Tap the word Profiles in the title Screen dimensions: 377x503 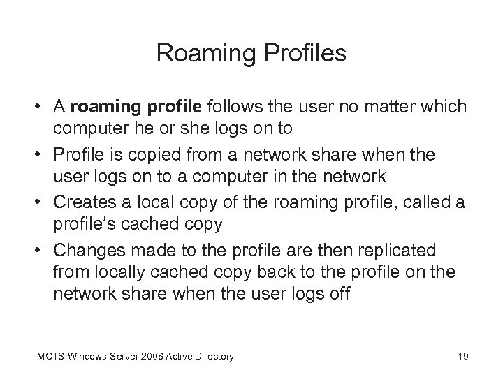tap(303, 52)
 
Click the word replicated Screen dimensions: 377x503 tap(399, 249)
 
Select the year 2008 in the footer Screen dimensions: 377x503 tap(150, 357)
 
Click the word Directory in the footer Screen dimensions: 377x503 tap(213, 357)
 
